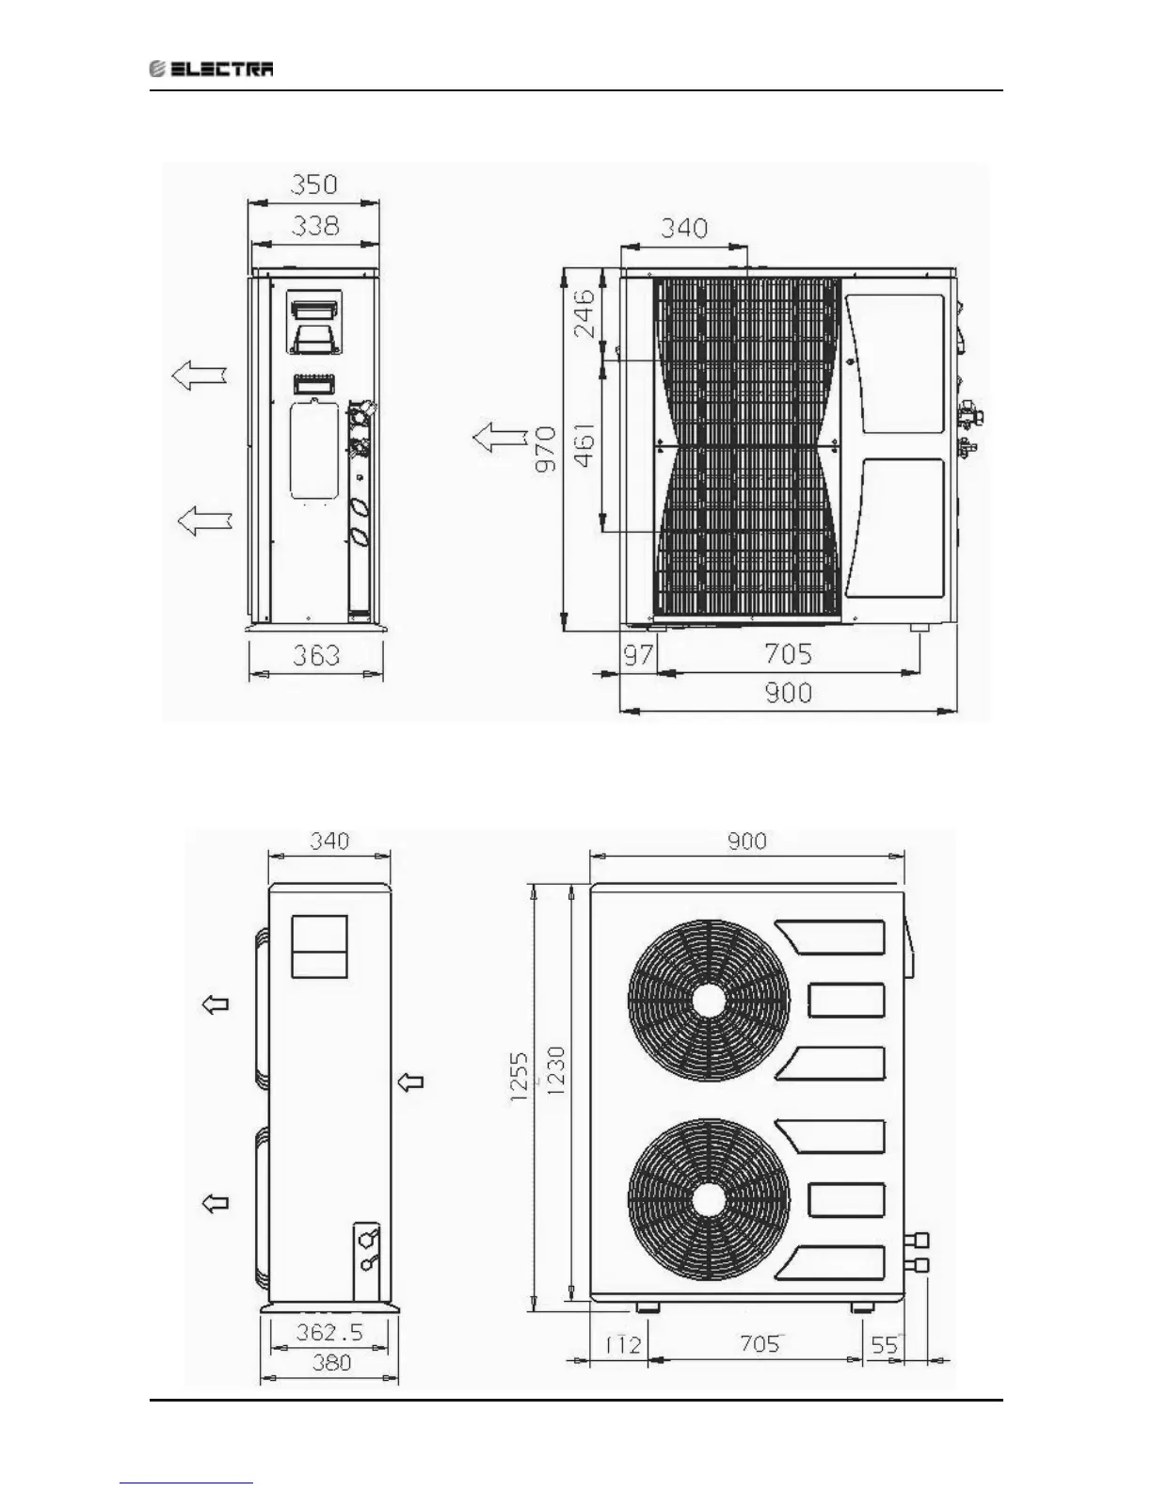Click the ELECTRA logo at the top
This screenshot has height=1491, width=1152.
[213, 69]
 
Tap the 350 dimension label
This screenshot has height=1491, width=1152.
[313, 184]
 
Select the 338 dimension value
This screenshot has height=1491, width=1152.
[314, 226]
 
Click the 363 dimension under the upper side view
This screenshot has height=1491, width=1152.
[316, 654]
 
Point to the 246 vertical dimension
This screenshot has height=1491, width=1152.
[584, 313]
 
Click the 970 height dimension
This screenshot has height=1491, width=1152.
[545, 448]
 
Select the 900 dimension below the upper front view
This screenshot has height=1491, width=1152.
[788, 693]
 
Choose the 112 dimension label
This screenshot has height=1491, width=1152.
[621, 1344]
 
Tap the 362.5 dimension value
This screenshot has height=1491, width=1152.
[329, 1333]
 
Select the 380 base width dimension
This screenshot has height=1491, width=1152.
[330, 1362]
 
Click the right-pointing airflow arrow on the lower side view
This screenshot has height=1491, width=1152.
[410, 1082]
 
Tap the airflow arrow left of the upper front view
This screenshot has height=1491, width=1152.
[499, 437]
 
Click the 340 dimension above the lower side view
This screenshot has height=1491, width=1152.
[329, 841]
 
